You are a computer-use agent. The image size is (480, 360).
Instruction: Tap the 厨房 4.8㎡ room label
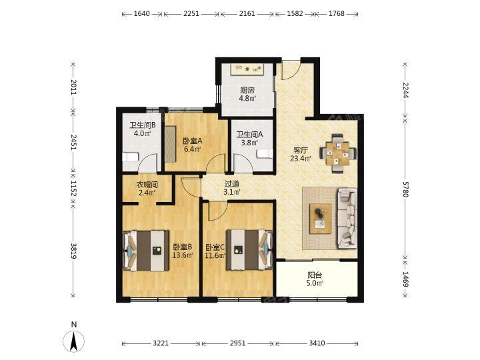[247, 94]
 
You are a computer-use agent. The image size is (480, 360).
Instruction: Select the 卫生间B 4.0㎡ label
[143, 129]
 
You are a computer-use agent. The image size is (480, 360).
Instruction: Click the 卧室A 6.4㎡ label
[193, 145]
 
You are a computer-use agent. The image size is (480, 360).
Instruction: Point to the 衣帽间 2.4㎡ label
[147, 189]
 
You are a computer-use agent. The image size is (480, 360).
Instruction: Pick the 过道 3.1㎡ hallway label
[232, 187]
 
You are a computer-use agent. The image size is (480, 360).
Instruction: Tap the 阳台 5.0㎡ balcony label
[315, 279]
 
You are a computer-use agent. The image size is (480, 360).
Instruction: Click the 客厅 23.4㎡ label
[301, 154]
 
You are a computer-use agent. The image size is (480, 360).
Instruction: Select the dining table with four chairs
[338, 154]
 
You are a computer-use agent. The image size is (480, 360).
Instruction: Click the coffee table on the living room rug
[320, 219]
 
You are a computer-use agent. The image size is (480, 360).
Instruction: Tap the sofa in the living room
[347, 218]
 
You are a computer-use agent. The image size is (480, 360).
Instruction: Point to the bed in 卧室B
[146, 251]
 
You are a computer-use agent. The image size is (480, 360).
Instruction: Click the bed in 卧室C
[249, 250]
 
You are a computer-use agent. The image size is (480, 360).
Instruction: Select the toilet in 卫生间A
[265, 154]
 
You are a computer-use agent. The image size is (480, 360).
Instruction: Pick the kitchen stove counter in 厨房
[248, 69]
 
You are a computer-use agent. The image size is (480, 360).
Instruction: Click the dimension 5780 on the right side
[405, 193]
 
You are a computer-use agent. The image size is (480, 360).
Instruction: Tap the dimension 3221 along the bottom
[161, 343]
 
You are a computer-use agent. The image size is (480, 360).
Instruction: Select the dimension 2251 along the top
[191, 13]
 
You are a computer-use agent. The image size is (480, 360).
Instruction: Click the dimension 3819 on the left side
[73, 251]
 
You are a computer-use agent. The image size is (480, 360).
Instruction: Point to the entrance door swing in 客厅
[290, 71]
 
